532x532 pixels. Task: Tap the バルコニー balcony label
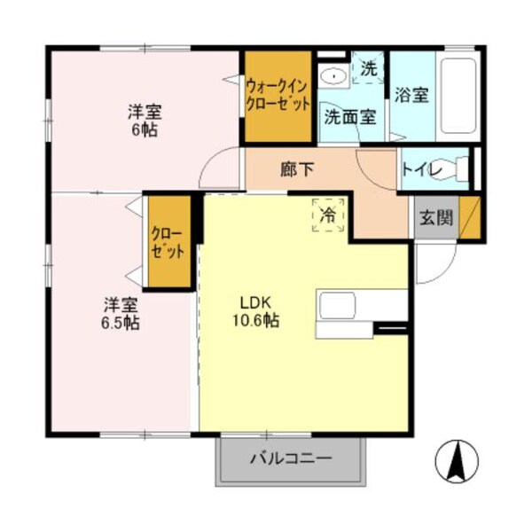coord(290,459)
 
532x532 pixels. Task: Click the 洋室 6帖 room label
coord(144,121)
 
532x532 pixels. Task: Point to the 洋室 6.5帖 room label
coord(120,313)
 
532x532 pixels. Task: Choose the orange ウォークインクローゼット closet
coord(278,97)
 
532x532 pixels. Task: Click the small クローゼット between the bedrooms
coord(168,242)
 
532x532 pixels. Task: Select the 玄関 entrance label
coord(436,217)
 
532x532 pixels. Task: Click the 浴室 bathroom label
coord(412,94)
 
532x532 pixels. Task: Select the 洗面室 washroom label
coord(349,115)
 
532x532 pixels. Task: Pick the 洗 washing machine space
coord(368,68)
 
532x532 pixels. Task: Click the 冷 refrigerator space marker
coord(328,215)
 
